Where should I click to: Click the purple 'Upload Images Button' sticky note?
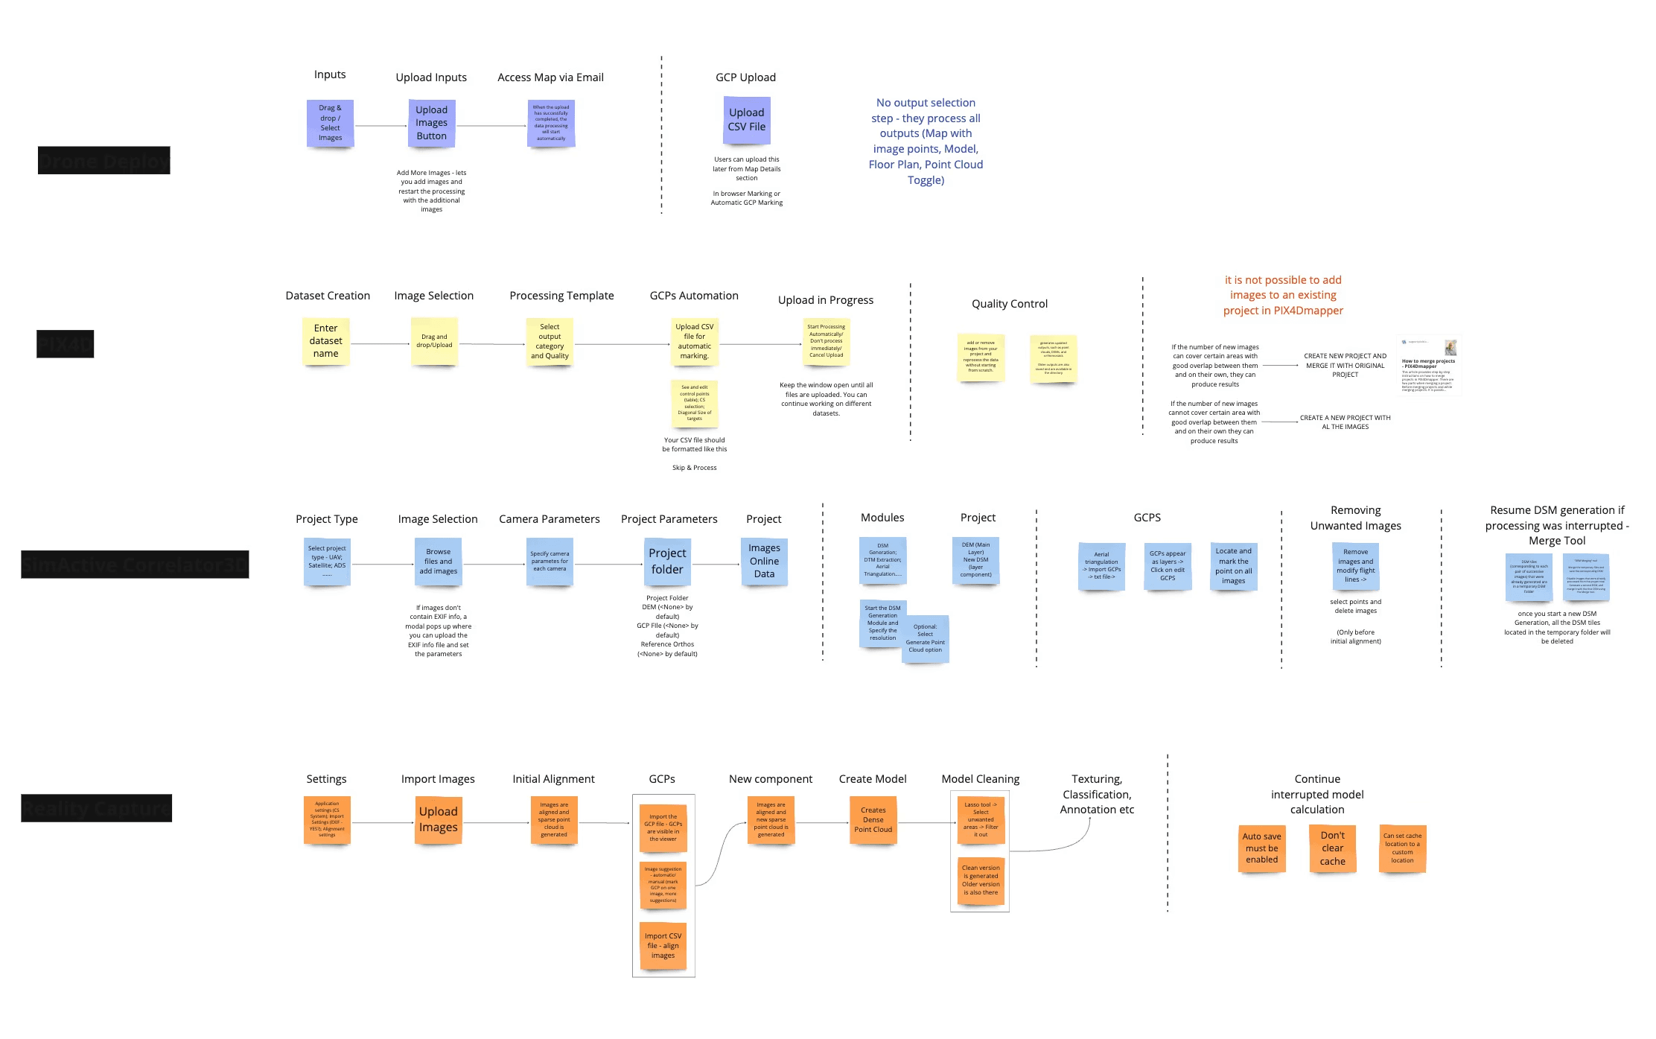point(431,123)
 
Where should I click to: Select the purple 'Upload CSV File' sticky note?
point(746,120)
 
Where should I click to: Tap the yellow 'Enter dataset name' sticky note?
point(325,341)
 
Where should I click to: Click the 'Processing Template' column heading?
point(561,296)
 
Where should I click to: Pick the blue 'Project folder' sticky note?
point(667,562)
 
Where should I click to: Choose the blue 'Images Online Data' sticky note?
point(764,562)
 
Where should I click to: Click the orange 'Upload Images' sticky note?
point(438,819)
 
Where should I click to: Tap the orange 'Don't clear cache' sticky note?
point(1332,848)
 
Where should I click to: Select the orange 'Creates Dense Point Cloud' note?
point(873,820)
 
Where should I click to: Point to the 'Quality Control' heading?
point(1009,304)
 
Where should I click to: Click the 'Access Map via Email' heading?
point(550,77)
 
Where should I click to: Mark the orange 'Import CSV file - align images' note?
point(663,946)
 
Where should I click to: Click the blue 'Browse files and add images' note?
point(438,562)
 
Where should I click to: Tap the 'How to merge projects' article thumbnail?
point(1428,366)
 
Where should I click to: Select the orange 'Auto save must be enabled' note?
point(1261,848)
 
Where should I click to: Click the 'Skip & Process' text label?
point(694,468)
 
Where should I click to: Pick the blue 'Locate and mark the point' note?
point(1233,566)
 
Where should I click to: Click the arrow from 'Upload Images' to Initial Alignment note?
point(495,822)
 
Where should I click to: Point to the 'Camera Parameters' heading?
point(549,519)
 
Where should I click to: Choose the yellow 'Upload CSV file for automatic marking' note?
point(694,341)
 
